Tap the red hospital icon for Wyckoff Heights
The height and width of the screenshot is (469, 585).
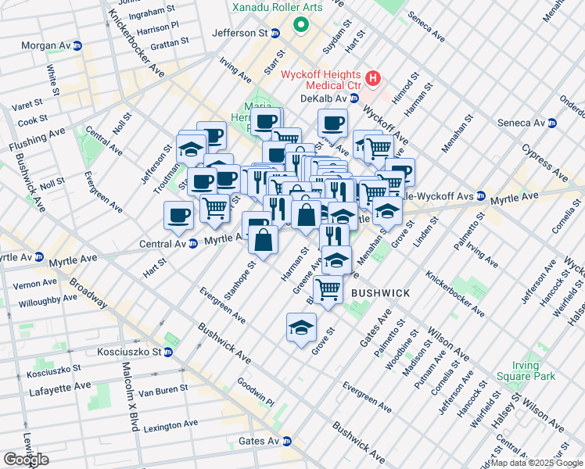coord(373,78)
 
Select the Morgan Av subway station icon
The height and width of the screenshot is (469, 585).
coord(77,46)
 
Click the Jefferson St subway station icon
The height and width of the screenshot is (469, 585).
coord(275,34)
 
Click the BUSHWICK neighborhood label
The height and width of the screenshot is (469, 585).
coord(380,293)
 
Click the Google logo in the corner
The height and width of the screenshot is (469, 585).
coord(26,460)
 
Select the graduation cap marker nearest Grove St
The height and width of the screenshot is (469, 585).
coord(301,329)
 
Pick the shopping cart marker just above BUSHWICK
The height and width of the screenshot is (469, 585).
coord(328,290)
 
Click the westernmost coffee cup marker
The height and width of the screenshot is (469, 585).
coord(178,215)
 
